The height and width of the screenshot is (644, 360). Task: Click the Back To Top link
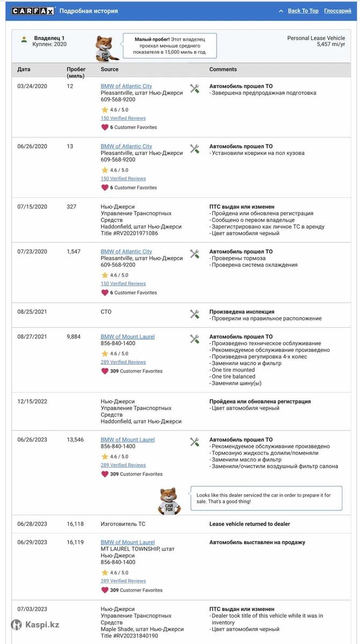pyautogui.click(x=303, y=11)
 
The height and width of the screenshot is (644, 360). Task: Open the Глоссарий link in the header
pyautogui.click(x=337, y=11)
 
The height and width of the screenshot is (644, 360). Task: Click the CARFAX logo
pyautogui.click(x=33, y=11)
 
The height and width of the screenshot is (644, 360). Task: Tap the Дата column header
pyautogui.click(x=24, y=69)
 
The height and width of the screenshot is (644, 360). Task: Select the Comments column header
pyautogui.click(x=223, y=69)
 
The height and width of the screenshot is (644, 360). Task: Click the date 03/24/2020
pyautogui.click(x=32, y=86)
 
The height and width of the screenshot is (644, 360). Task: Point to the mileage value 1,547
pyautogui.click(x=74, y=252)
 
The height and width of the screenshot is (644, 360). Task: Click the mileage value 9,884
pyautogui.click(x=74, y=337)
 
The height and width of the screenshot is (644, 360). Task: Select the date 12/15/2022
pyautogui.click(x=32, y=401)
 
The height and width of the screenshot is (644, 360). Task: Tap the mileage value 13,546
pyautogui.click(x=75, y=440)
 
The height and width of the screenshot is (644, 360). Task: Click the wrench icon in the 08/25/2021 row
pyautogui.click(x=195, y=314)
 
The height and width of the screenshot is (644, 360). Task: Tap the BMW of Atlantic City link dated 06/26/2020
pyautogui.click(x=126, y=147)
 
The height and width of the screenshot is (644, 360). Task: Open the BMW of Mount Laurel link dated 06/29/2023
pyautogui.click(x=128, y=543)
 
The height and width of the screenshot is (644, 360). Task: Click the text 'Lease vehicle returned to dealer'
pyautogui.click(x=249, y=524)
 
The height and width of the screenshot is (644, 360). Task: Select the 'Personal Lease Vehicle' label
pyautogui.click(x=316, y=38)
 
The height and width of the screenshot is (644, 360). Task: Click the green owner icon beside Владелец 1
pyautogui.click(x=24, y=39)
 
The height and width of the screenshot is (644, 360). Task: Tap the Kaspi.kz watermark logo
pyautogui.click(x=36, y=625)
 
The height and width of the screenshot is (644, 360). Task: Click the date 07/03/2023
pyautogui.click(x=32, y=609)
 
